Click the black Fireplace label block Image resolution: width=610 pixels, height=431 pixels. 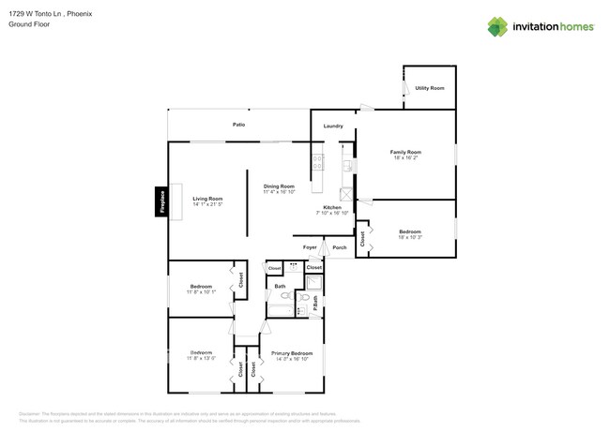(x=161, y=202)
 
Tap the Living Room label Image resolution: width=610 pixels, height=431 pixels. (x=207, y=199)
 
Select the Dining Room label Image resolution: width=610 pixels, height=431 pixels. (x=279, y=186)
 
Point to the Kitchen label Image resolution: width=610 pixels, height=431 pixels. (x=332, y=207)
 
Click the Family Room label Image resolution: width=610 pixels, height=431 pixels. (x=406, y=152)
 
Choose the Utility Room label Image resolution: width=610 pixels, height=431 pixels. (x=430, y=88)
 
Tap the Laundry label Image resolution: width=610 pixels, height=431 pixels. (x=333, y=126)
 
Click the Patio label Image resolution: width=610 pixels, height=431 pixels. (x=239, y=124)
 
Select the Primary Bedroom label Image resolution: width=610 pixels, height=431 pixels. (x=291, y=353)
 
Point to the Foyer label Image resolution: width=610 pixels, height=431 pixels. (x=310, y=247)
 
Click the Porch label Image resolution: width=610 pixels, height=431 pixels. (x=340, y=247)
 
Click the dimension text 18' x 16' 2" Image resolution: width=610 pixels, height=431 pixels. (x=406, y=158)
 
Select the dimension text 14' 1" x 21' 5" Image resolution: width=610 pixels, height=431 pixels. (x=207, y=204)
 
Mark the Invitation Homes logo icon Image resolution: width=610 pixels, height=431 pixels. (x=497, y=26)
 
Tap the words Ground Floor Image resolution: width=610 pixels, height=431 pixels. (x=28, y=25)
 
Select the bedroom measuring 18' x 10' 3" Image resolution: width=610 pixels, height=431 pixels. (x=409, y=234)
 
